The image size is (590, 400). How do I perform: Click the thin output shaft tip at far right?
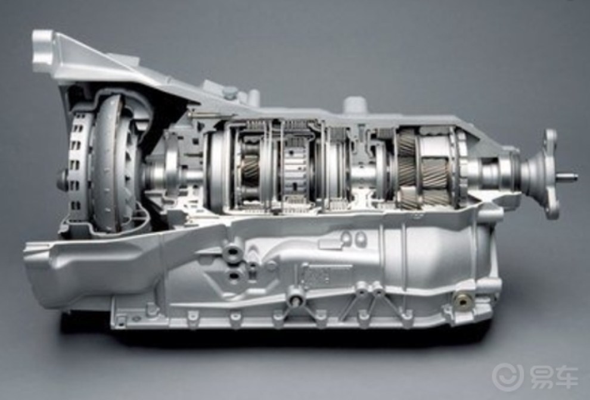568,176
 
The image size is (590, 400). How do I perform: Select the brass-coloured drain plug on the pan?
462,299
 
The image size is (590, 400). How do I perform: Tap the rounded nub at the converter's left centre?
63,181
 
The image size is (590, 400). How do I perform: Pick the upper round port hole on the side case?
233,253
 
